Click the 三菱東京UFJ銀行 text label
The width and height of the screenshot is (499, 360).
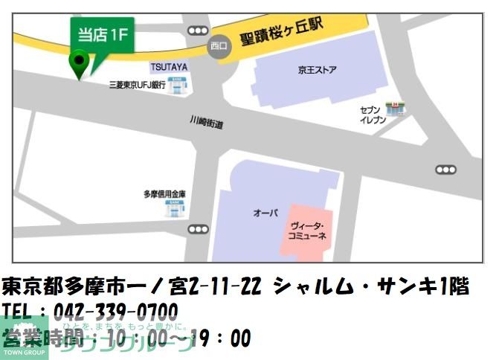137,86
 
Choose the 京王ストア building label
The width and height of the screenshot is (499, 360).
318,71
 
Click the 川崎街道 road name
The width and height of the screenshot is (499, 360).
206,123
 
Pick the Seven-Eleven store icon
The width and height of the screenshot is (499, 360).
393,109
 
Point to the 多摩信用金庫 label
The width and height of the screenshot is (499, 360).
164,194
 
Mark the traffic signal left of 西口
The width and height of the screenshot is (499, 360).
198,30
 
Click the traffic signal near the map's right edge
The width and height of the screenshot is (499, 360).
445,170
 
